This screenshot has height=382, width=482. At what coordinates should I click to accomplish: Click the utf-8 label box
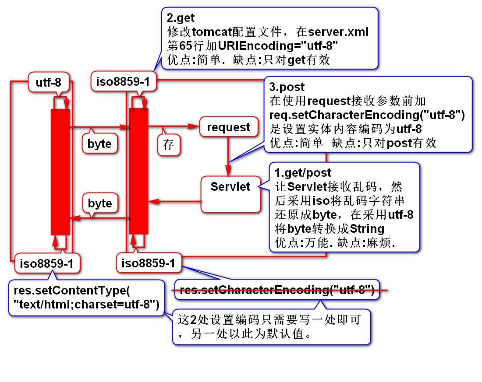48,82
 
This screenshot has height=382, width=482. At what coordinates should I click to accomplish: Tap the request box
228,127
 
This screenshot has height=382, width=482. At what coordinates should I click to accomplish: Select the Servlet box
230,187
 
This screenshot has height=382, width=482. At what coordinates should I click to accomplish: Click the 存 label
169,145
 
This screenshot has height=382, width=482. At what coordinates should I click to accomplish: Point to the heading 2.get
181,18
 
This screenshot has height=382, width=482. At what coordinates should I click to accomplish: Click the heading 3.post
287,88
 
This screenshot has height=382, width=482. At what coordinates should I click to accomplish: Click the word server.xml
338,32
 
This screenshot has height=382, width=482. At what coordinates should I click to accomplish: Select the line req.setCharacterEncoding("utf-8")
367,115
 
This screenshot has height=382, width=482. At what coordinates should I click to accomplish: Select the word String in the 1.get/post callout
367,228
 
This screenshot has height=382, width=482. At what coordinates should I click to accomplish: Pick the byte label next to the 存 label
99,144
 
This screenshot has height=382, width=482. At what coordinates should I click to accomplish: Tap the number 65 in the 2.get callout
186,46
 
